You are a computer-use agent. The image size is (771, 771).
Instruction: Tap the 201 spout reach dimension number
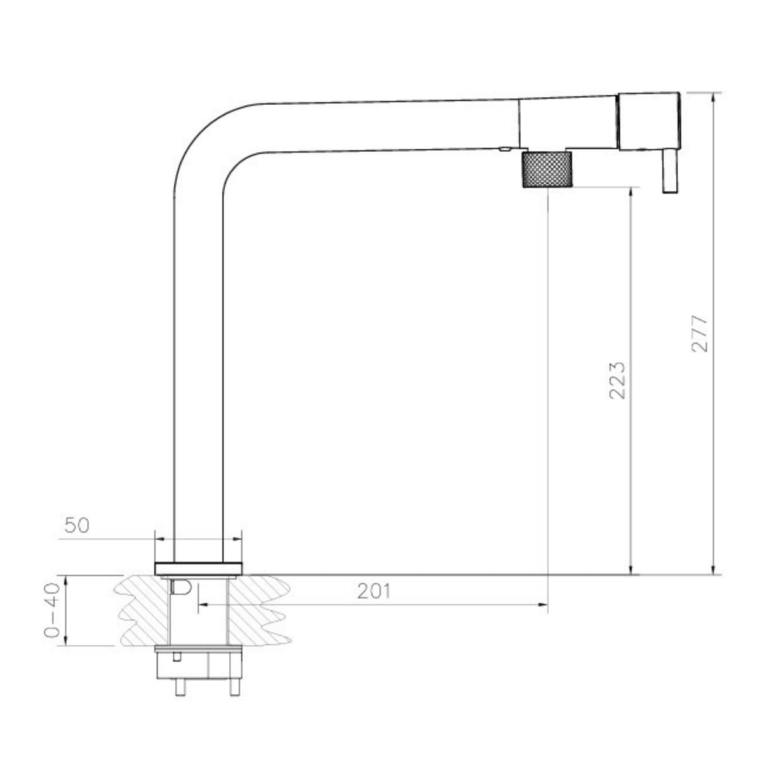pyautogui.click(x=373, y=591)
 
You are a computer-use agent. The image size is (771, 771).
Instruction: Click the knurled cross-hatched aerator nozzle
pyautogui.click(x=547, y=170)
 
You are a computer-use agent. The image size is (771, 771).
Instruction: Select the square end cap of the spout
pyautogui.click(x=649, y=121)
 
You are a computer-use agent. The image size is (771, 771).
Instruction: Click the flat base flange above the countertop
pyautogui.click(x=198, y=568)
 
